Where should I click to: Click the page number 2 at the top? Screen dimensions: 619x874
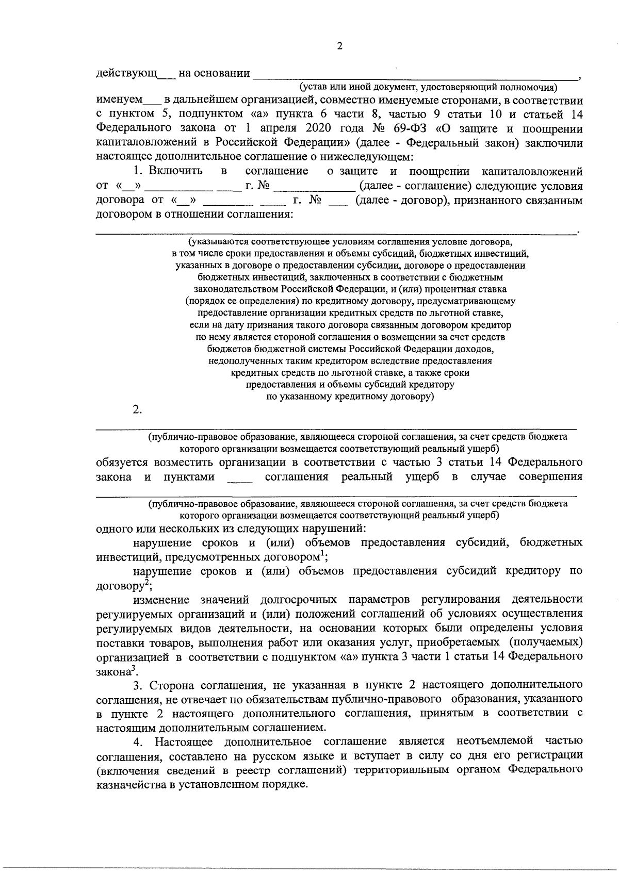click(x=339, y=46)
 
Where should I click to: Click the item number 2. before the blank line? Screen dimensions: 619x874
click(x=137, y=410)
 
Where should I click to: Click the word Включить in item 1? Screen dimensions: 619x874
click(x=175, y=171)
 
